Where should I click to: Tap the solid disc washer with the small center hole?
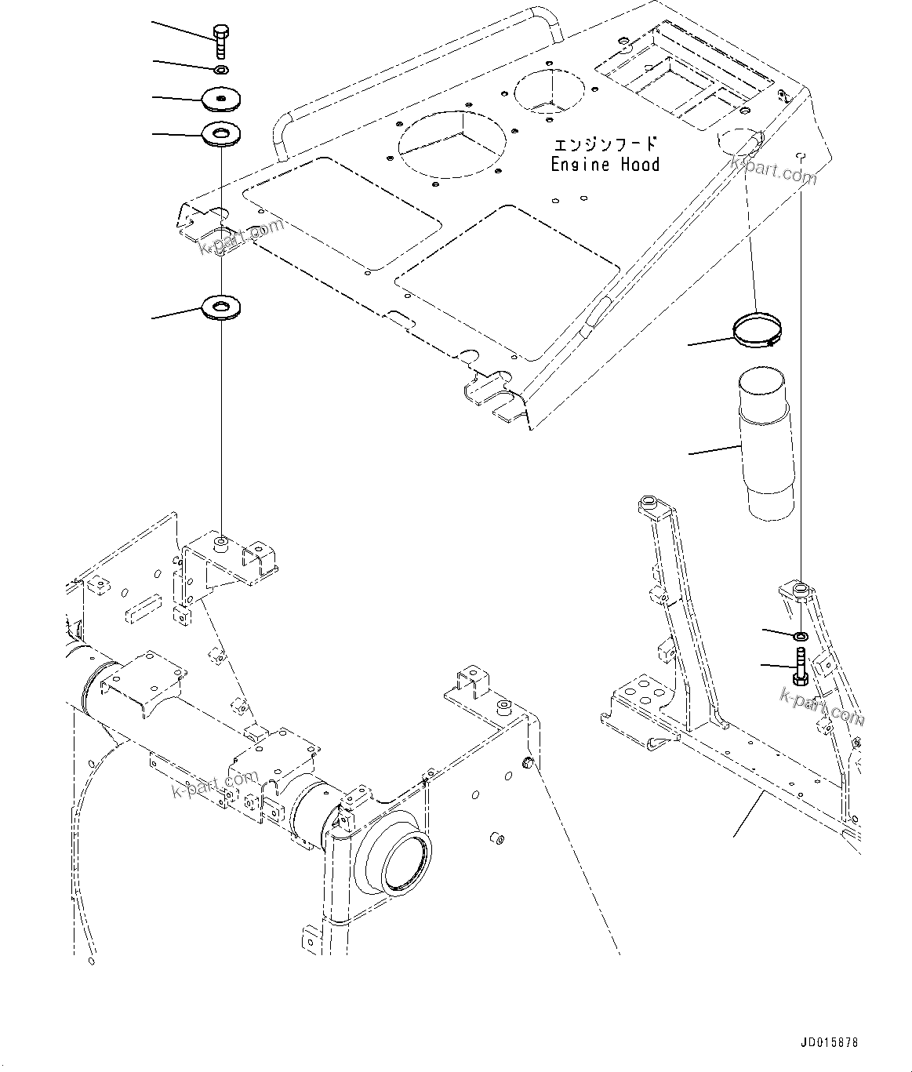point(221,99)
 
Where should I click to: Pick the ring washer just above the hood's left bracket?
point(222,134)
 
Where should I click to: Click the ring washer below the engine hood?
point(222,306)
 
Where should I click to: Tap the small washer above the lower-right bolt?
point(801,634)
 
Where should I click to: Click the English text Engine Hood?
point(605,165)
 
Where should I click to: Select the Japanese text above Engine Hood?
point(605,145)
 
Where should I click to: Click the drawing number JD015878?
point(830,1043)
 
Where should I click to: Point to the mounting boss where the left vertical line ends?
point(222,541)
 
